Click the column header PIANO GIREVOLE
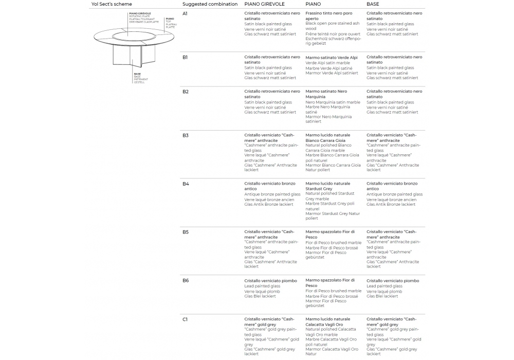(x=264, y=4)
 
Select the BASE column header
(x=373, y=4)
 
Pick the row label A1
(x=185, y=13)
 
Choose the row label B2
(x=186, y=92)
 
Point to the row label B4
(x=186, y=184)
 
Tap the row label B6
(x=186, y=280)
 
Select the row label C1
(x=185, y=319)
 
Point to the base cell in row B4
(x=394, y=194)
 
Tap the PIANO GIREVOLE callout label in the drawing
(x=140, y=14)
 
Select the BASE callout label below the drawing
(x=138, y=74)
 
